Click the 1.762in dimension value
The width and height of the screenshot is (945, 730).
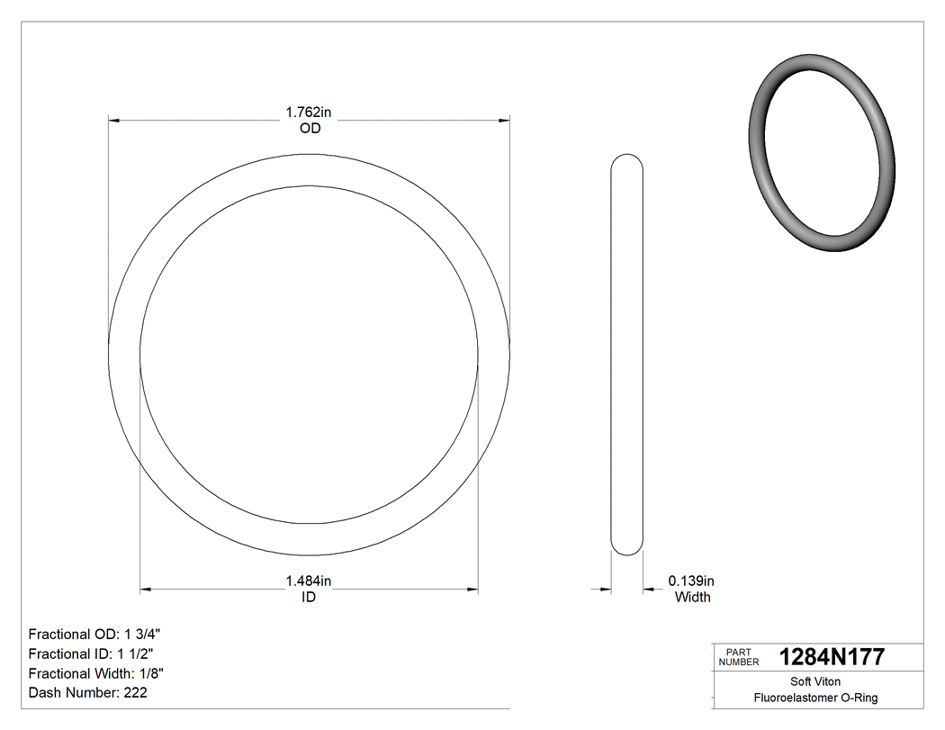pyautogui.click(x=309, y=113)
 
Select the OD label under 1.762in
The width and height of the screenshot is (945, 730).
pyautogui.click(x=310, y=129)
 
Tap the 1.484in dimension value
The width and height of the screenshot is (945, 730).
pyautogui.click(x=309, y=581)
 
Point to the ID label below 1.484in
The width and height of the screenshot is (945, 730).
pyautogui.click(x=309, y=598)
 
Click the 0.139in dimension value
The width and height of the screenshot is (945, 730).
pyautogui.click(x=691, y=581)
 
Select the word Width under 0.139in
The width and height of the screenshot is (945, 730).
pyautogui.click(x=692, y=597)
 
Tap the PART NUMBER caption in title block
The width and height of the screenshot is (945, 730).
pyautogui.click(x=739, y=657)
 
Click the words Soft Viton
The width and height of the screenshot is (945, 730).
pyautogui.click(x=815, y=681)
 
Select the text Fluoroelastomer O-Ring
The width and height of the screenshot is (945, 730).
pyautogui.click(x=815, y=698)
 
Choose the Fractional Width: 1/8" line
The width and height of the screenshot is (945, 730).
pyautogui.click(x=96, y=673)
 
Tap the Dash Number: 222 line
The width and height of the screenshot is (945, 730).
pyautogui.click(x=88, y=693)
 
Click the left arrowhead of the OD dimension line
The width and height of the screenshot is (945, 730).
pyautogui.click(x=113, y=119)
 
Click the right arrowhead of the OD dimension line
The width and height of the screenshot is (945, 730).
pyautogui.click(x=505, y=119)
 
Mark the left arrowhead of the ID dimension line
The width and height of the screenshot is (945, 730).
pyautogui.click(x=146, y=590)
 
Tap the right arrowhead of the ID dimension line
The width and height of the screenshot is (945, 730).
pyautogui.click(x=472, y=590)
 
